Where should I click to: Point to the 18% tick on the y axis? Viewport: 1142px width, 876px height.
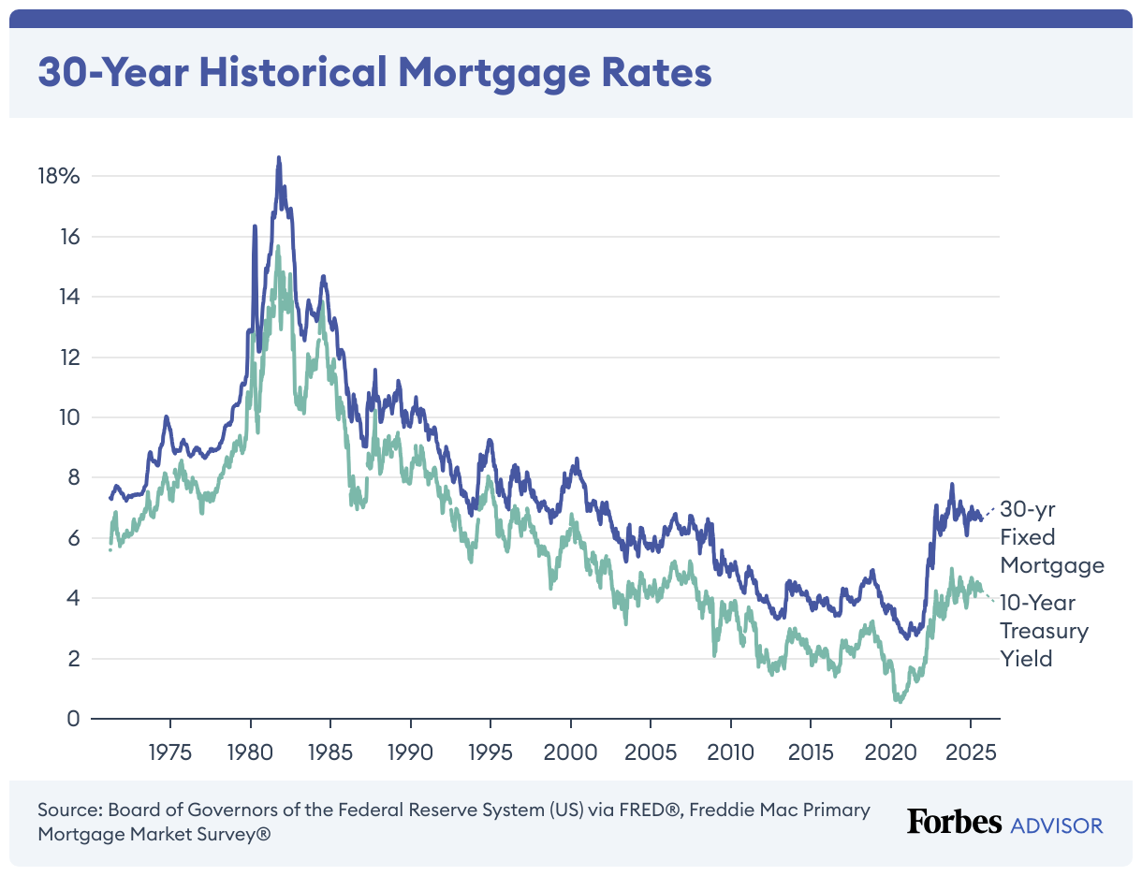(59, 177)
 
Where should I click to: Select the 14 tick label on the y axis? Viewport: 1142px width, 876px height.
(68, 298)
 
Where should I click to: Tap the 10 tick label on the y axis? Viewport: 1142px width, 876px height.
(68, 418)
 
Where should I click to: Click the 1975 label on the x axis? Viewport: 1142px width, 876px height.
(170, 752)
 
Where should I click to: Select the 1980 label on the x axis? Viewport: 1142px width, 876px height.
(250, 752)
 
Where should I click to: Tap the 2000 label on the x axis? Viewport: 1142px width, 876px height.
(570, 752)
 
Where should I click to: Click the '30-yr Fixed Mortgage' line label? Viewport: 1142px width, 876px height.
(1051, 537)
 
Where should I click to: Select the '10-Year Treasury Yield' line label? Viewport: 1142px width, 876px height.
(1045, 631)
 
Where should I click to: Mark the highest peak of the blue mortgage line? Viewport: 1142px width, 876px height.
(278, 158)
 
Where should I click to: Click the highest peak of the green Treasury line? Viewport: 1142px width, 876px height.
(278, 247)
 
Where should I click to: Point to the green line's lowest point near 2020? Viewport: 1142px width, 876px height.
(897, 700)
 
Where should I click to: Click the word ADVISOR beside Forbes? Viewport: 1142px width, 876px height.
(1057, 825)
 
